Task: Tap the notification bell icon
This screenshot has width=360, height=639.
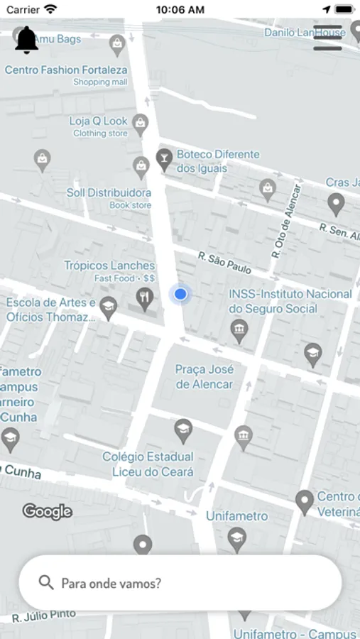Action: pyautogui.click(x=27, y=40)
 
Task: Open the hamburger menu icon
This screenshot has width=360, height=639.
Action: pyautogui.click(x=327, y=38)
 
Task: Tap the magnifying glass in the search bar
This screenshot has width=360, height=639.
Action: pyautogui.click(x=46, y=583)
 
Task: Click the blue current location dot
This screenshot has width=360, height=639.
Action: pyautogui.click(x=180, y=294)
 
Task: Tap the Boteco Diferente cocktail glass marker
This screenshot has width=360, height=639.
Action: pyautogui.click(x=164, y=159)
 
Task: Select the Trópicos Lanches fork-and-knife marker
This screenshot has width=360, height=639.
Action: pyautogui.click(x=145, y=298)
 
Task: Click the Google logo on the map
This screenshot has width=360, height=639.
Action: pyautogui.click(x=48, y=511)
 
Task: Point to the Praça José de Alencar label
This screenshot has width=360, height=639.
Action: pyautogui.click(x=204, y=377)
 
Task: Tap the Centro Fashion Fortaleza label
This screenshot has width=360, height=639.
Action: pyautogui.click(x=66, y=70)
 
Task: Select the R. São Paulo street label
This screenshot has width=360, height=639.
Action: pyautogui.click(x=224, y=262)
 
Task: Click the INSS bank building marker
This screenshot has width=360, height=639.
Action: pyautogui.click(x=239, y=329)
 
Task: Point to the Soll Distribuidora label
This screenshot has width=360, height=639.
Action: pyautogui.click(x=109, y=193)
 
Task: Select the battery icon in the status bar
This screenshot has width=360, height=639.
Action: pyautogui.click(x=344, y=9)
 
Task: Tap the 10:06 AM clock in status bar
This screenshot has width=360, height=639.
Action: pyautogui.click(x=180, y=9)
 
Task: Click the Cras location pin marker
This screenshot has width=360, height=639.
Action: pyautogui.click(x=336, y=204)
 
